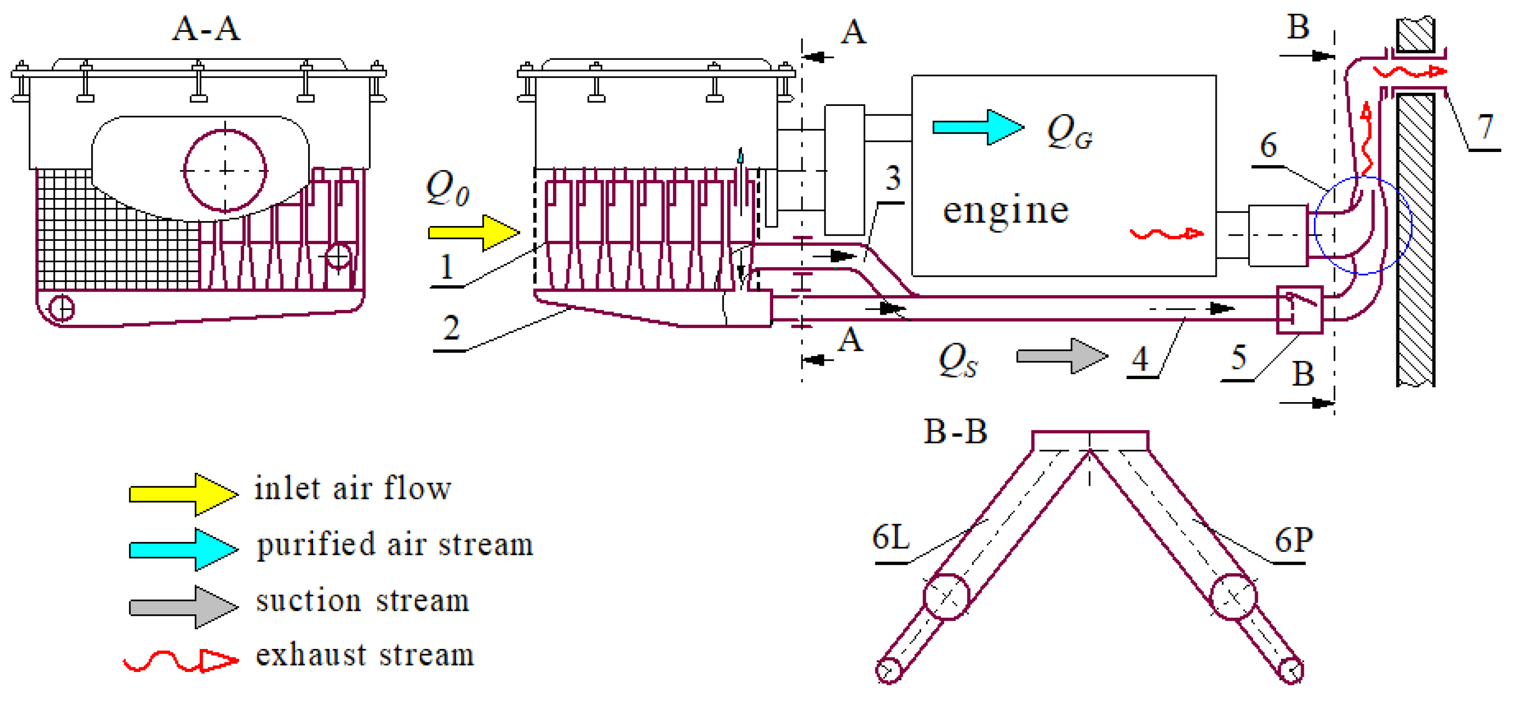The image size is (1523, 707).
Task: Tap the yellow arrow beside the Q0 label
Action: click(x=473, y=232)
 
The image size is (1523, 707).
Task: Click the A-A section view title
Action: click(x=206, y=29)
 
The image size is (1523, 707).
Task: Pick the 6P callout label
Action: click(x=1293, y=540)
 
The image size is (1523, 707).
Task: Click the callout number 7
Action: click(x=1485, y=127)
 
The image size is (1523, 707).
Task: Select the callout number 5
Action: click(x=1239, y=357)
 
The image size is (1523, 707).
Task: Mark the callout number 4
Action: click(x=1140, y=359)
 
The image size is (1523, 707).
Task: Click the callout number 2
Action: click(x=451, y=327)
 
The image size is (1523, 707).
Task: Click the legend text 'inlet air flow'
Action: click(x=353, y=489)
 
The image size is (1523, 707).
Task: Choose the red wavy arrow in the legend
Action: click(x=181, y=660)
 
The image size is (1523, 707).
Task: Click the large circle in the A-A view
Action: click(x=225, y=170)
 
